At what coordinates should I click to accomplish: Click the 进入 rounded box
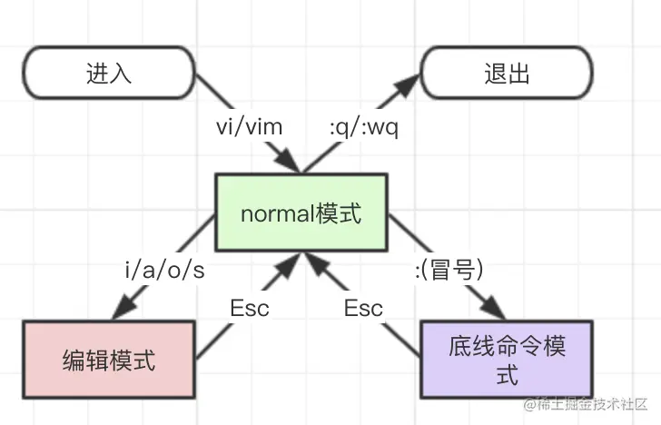point(109,74)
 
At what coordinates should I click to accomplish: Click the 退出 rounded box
point(507,74)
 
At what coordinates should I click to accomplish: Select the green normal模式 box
point(301,214)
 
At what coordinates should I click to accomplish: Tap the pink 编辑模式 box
point(109,360)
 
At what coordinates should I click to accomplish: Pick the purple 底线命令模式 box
point(507,360)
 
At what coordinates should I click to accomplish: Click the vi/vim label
point(249,126)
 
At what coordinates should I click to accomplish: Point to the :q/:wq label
point(363,126)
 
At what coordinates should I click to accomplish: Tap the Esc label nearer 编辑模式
point(249,308)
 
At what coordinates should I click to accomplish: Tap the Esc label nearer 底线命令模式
point(363,308)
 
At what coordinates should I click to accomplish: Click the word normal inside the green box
point(276,214)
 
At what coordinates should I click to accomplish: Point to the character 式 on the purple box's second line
point(507,373)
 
